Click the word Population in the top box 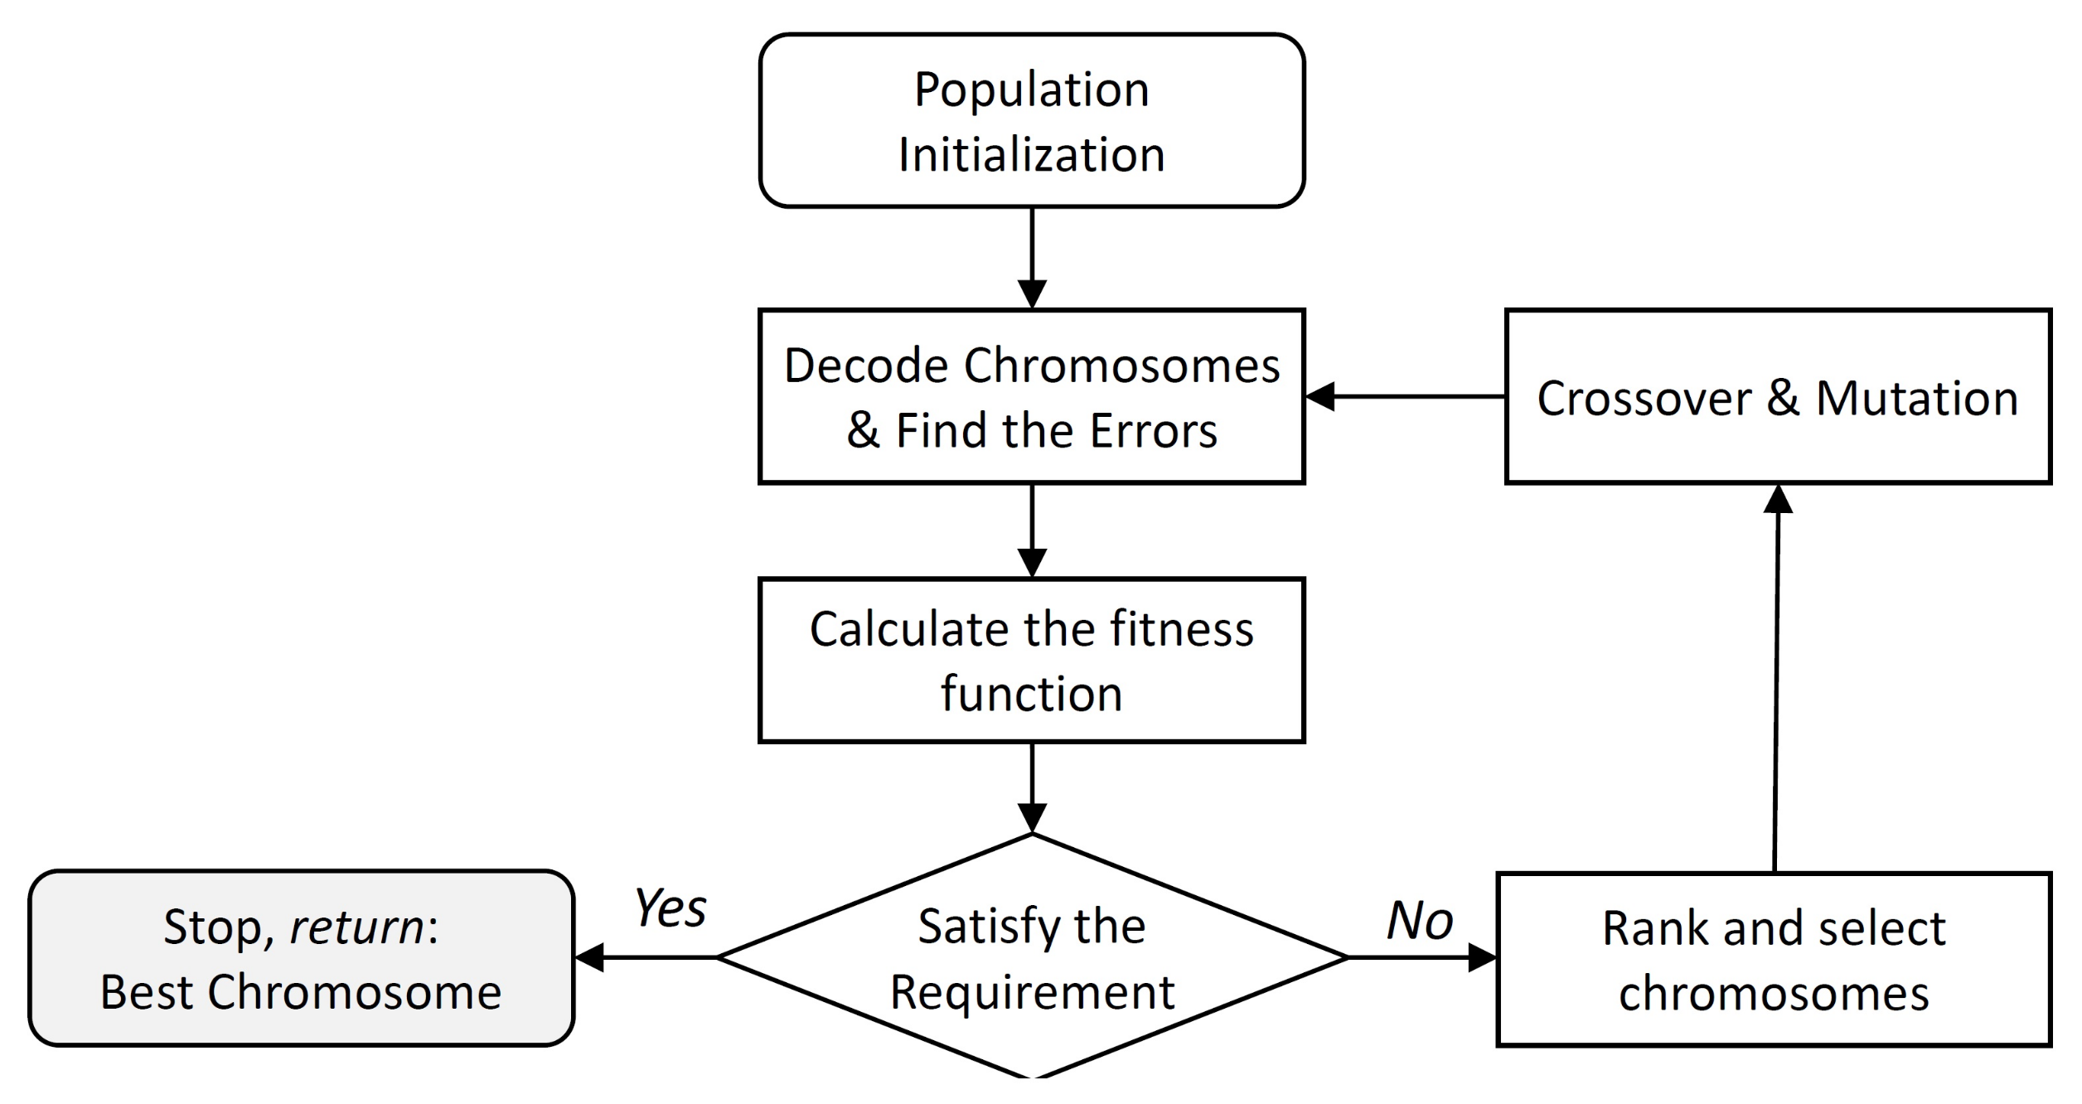pos(1031,90)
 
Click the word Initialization pos(1031,155)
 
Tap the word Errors pos(1153,431)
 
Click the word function pos(1031,694)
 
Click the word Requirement pos(1032,992)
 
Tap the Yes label pos(670,908)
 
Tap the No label pos(1420,921)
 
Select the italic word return pos(356,927)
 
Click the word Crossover pos(1644,399)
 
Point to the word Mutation pos(1916,399)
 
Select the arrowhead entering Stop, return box pos(590,958)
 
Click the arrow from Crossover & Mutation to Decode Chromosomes pos(1409,397)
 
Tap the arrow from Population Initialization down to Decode pos(1032,257)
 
